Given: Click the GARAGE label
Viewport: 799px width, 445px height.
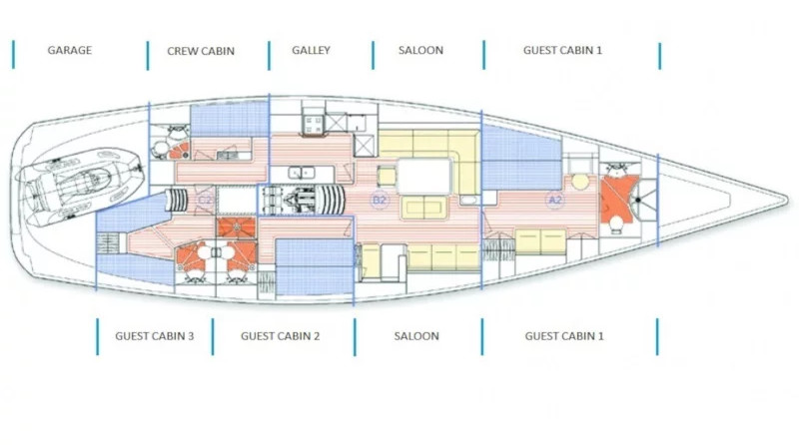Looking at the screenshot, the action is (70, 50).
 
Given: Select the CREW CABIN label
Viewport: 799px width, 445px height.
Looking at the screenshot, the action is (201, 51).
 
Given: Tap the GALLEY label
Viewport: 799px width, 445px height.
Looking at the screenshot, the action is (311, 50).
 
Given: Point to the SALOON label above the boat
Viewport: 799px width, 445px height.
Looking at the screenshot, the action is (420, 50).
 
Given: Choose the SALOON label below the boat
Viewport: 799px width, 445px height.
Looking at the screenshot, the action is (416, 336).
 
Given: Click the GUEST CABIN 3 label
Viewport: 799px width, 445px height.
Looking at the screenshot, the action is (155, 336).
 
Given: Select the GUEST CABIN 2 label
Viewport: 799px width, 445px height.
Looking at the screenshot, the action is (281, 336).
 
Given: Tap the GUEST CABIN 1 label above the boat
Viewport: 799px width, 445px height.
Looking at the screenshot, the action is (562, 50).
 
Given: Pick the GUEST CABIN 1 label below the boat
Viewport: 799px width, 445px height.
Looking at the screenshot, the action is (564, 336).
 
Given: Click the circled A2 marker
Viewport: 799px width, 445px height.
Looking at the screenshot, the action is (555, 200).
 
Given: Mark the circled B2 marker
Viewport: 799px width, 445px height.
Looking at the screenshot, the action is (380, 200).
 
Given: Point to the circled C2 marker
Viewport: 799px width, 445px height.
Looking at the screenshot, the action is (205, 201).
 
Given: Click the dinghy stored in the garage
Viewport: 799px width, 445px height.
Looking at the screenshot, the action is (80, 186).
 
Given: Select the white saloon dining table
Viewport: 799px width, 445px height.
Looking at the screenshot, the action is (424, 177).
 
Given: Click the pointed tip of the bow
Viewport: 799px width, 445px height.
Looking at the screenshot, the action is (788, 200).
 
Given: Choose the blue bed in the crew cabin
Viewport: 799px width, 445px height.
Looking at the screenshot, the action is (230, 119).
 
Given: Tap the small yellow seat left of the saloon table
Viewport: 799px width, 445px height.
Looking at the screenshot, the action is (387, 177).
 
